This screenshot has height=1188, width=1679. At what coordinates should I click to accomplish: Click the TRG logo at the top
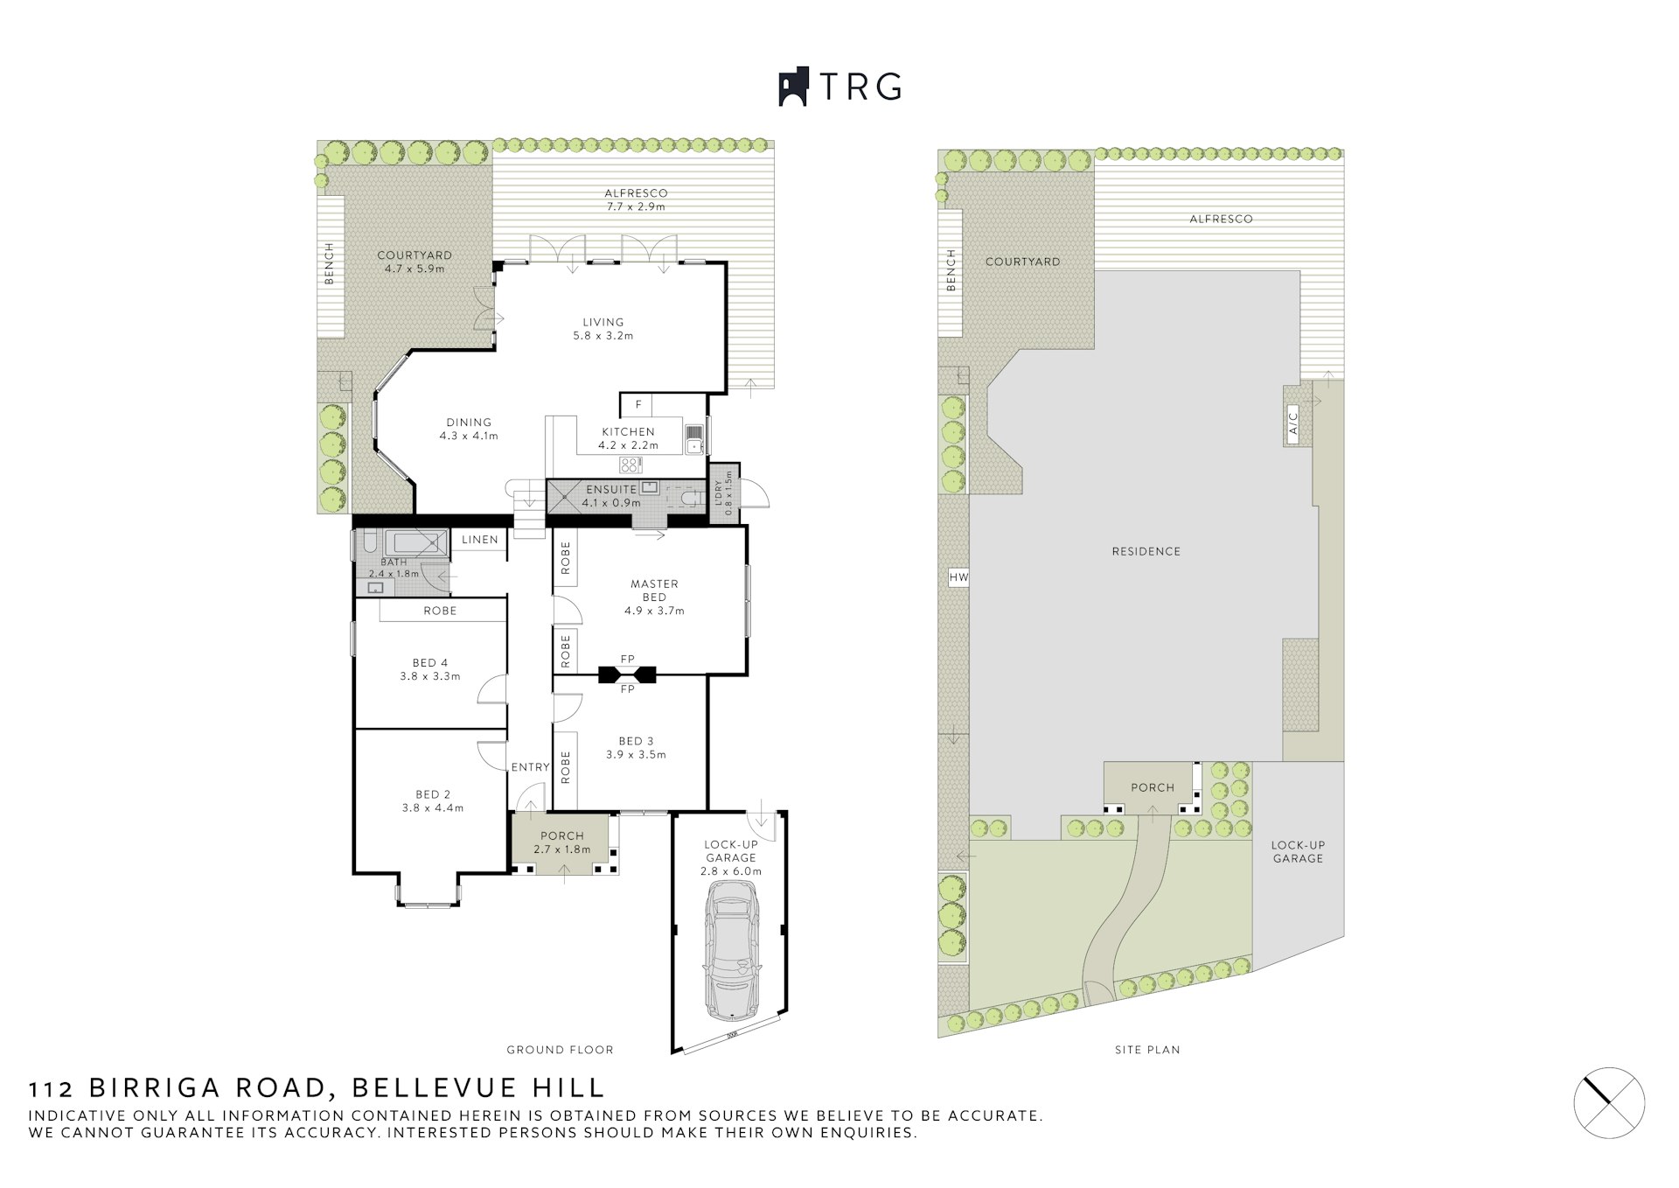pyautogui.click(x=839, y=87)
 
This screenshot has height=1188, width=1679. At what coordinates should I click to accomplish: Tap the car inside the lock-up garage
pyautogui.click(x=733, y=949)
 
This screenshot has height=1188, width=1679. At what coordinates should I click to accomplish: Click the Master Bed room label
pyautogui.click(x=654, y=591)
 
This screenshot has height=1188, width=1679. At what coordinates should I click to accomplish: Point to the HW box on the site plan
pyautogui.click(x=959, y=577)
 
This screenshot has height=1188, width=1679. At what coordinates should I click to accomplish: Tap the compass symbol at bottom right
pyautogui.click(x=1609, y=1102)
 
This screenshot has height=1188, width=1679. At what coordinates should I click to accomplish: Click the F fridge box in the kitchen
pyautogui.click(x=638, y=405)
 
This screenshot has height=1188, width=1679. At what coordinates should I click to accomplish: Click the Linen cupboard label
pyautogui.click(x=479, y=540)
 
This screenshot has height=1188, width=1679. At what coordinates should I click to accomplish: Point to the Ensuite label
pyautogui.click(x=611, y=489)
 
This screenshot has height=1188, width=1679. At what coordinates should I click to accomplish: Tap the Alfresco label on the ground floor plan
pyautogui.click(x=636, y=193)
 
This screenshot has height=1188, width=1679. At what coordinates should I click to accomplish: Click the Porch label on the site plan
pyautogui.click(x=1152, y=787)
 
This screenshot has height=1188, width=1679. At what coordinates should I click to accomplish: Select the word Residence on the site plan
pyautogui.click(x=1146, y=551)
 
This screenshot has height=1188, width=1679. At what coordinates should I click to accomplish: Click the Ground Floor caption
pyautogui.click(x=560, y=1050)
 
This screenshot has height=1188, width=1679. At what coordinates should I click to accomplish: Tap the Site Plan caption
pyautogui.click(x=1146, y=1050)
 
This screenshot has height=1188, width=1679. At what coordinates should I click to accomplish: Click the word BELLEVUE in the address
pyautogui.click(x=434, y=1088)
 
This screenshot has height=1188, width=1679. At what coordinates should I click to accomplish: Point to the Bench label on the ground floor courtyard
pyautogui.click(x=330, y=263)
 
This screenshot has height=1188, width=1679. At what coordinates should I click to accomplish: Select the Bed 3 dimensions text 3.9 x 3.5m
pyautogui.click(x=636, y=755)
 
